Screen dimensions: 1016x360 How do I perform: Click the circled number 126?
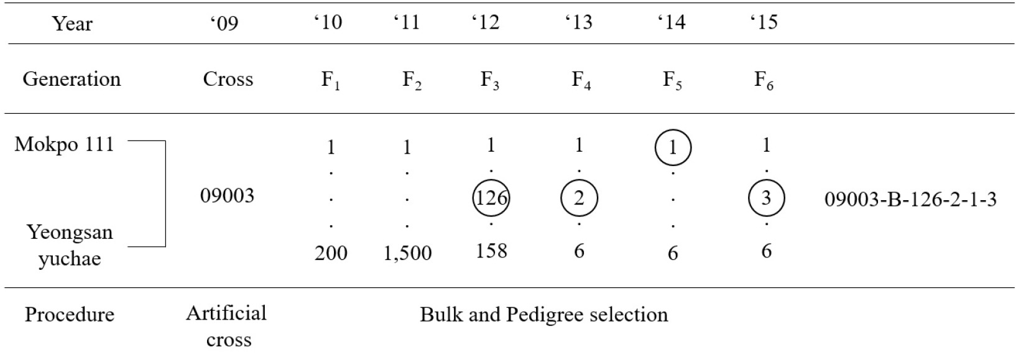[491, 198]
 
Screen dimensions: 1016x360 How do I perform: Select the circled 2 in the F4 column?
[580, 198]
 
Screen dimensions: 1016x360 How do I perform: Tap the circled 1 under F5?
[673, 148]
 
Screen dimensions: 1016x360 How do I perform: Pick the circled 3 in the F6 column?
[766, 198]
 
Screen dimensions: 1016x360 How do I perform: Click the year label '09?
[224, 22]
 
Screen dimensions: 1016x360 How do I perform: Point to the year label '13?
[579, 22]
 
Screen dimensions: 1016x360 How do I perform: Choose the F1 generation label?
[331, 80]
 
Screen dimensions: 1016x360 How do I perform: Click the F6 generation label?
[764, 80]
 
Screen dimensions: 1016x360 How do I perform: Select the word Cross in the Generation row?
[228, 79]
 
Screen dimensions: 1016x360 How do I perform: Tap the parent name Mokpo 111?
[64, 145]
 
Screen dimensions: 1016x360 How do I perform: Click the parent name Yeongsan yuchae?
[70, 246]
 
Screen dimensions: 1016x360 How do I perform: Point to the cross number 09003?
[227, 196]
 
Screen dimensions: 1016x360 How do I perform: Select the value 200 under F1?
[331, 253]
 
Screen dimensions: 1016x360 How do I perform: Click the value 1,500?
[407, 253]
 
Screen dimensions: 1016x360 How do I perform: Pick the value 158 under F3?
[491, 251]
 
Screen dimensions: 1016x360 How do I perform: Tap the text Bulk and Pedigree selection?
[544, 315]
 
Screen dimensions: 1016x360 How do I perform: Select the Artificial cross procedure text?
[227, 326]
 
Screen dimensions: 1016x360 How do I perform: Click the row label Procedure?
[70, 315]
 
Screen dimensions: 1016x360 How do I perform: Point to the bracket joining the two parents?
[165, 193]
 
